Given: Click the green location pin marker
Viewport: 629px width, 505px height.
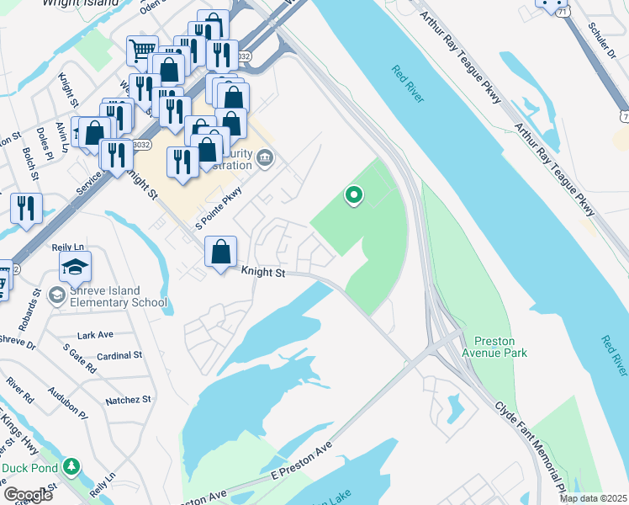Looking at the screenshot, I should pyautogui.click(x=354, y=196).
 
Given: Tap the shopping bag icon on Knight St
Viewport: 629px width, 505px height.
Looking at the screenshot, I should pyautogui.click(x=220, y=252).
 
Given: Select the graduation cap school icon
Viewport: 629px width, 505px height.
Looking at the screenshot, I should pyautogui.click(x=75, y=267).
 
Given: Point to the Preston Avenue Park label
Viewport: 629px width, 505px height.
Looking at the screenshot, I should pyautogui.click(x=500, y=347).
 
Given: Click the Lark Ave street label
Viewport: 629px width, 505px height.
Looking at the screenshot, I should pyautogui.click(x=94, y=335).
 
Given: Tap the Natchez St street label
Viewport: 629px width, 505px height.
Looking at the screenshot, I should pyautogui.click(x=128, y=400).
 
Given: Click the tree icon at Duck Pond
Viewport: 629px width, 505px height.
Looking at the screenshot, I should pyautogui.click(x=73, y=467).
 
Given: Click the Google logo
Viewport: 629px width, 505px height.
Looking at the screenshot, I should pyautogui.click(x=29, y=495).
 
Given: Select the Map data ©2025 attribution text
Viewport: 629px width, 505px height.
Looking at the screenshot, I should pyautogui.click(x=593, y=498).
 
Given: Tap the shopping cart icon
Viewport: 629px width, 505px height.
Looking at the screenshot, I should pyautogui.click(x=142, y=50).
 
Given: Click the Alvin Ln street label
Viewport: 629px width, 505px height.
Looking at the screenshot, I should pyautogui.click(x=61, y=136).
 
